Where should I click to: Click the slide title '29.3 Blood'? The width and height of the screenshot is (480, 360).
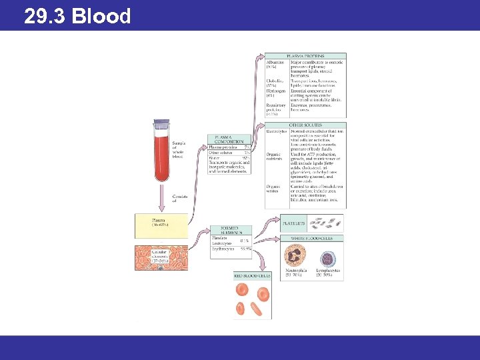click(77, 15)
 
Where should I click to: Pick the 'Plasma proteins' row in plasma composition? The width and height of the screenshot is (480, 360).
click(223, 147)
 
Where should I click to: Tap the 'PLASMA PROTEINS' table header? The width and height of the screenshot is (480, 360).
click(305, 56)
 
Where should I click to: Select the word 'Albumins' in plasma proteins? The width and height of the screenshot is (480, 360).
click(275, 62)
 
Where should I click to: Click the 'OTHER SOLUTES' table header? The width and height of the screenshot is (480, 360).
click(305, 125)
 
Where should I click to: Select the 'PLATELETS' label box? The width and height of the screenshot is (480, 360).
click(295, 225)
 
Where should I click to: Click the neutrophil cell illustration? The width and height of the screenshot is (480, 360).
click(295, 257)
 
